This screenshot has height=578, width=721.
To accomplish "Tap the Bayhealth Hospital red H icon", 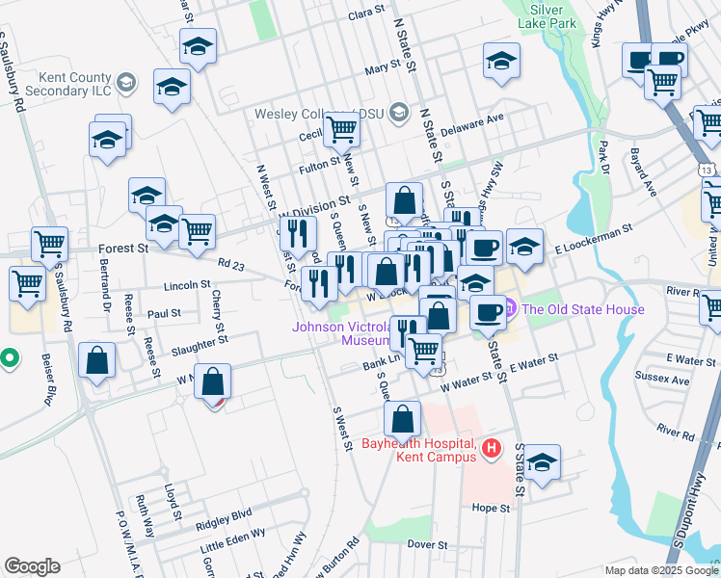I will click(x=492, y=448).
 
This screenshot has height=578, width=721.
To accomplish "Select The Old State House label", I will click(x=581, y=309).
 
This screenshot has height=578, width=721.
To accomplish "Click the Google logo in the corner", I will click(x=32, y=566).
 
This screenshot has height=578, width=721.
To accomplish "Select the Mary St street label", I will click(x=383, y=68).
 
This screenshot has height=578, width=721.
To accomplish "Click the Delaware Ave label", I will click(x=472, y=125).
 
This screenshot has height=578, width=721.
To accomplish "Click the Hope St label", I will click(x=491, y=507).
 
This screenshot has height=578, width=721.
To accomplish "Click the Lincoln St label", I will click(x=187, y=285).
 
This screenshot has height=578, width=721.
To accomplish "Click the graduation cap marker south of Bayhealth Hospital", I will click(x=542, y=460).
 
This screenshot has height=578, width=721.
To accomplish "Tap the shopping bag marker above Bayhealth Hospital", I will click(x=402, y=417).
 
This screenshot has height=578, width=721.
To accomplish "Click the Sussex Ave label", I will click(x=667, y=380).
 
